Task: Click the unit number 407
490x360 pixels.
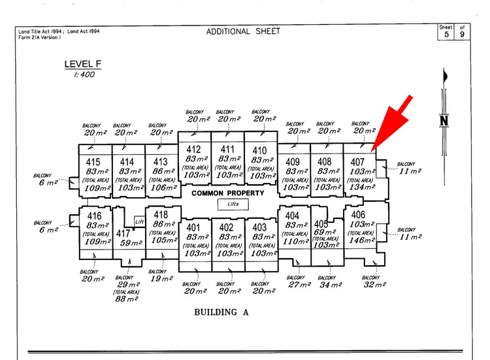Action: [x=357, y=161]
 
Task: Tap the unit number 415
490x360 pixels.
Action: [x=93, y=161]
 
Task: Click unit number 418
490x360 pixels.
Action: [x=160, y=215]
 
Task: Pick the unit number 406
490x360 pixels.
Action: [x=358, y=215]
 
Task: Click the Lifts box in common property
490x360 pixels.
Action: [x=228, y=204]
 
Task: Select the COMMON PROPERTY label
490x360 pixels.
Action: [x=228, y=193]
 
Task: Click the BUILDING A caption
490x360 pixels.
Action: [x=221, y=312]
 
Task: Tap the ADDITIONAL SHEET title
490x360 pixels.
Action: [x=243, y=31]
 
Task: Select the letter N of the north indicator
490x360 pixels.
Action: [x=445, y=120]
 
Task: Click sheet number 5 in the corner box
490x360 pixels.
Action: [x=447, y=35]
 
